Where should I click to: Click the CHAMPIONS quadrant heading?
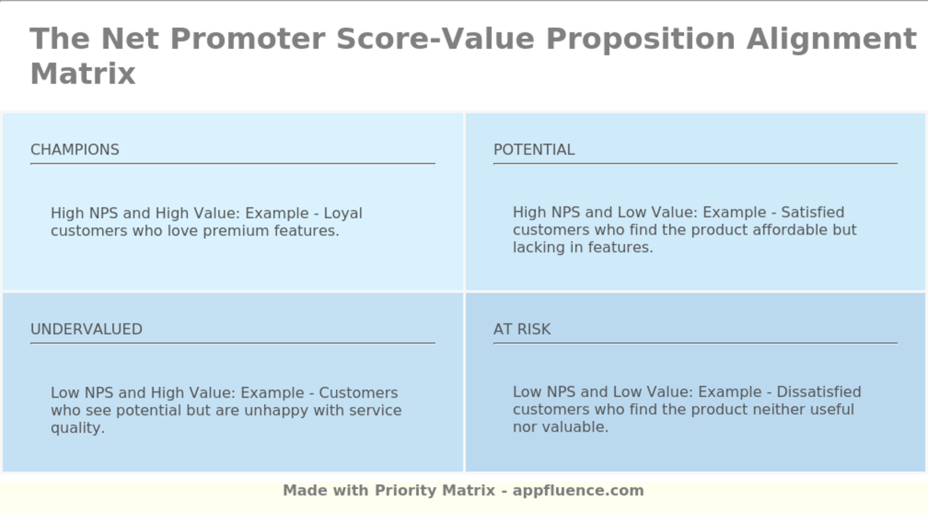75,150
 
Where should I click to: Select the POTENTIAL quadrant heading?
534,150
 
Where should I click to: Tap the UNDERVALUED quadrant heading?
86,329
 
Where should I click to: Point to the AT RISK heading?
522,329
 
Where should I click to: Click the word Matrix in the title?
83,74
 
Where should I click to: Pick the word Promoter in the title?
247,39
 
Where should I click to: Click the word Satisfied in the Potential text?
813,212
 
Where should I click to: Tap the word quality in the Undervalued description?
78,428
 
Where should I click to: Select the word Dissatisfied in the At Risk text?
819,392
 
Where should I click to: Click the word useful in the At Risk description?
832,409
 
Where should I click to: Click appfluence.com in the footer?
578,491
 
